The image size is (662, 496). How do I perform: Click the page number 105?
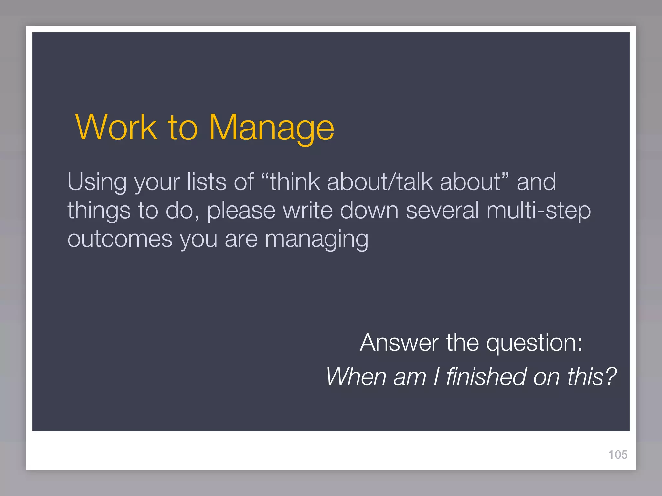coord(618,455)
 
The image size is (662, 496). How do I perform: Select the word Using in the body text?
coord(97,182)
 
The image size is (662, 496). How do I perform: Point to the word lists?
coord(207,182)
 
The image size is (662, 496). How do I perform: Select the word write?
coord(308,210)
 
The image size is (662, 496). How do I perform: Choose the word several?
coord(442,210)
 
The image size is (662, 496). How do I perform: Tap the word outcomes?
coord(120,239)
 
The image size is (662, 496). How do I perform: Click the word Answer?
coord(399,343)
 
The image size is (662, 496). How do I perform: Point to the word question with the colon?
coord(534,343)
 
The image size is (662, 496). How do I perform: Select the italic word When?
coord(356,377)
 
